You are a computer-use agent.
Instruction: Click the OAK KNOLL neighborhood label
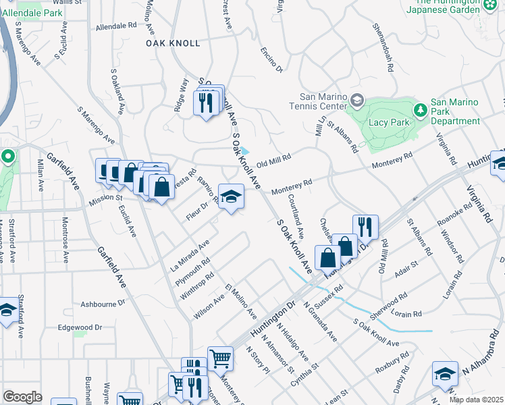174,43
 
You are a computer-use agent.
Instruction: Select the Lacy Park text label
388,123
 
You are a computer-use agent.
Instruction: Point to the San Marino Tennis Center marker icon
357,102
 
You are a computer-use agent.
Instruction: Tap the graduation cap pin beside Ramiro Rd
231,197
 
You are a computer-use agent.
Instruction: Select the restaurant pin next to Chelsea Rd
365,227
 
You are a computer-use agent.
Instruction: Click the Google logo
22,397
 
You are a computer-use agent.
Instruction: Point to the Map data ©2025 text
476,400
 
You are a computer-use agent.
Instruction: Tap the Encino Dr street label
272,60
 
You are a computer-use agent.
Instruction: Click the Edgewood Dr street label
80,327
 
